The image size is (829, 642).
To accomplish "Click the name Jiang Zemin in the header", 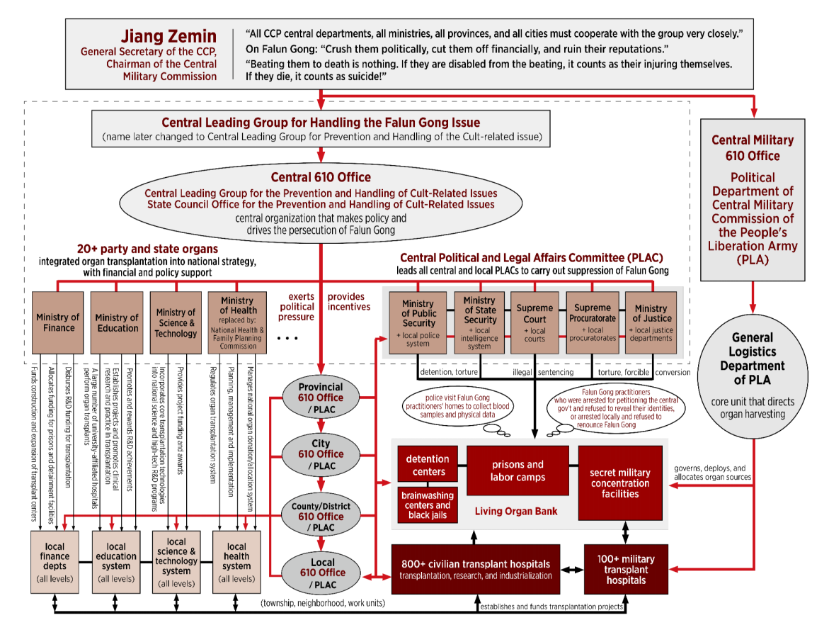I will (168, 36).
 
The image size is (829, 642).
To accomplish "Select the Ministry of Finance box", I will (58, 322).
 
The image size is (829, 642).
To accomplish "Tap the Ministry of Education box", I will (117, 322).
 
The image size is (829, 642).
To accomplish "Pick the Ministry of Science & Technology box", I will (176, 322).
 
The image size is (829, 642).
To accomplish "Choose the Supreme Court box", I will (534, 322).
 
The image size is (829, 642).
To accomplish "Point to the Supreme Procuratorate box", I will (593, 322).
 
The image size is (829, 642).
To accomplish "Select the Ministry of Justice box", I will (651, 322).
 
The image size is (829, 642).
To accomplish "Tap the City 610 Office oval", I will (321, 454).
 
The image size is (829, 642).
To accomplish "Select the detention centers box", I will (428, 465).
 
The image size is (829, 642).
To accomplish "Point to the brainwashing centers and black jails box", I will (428, 505).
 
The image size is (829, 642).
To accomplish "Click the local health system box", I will (236, 561).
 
